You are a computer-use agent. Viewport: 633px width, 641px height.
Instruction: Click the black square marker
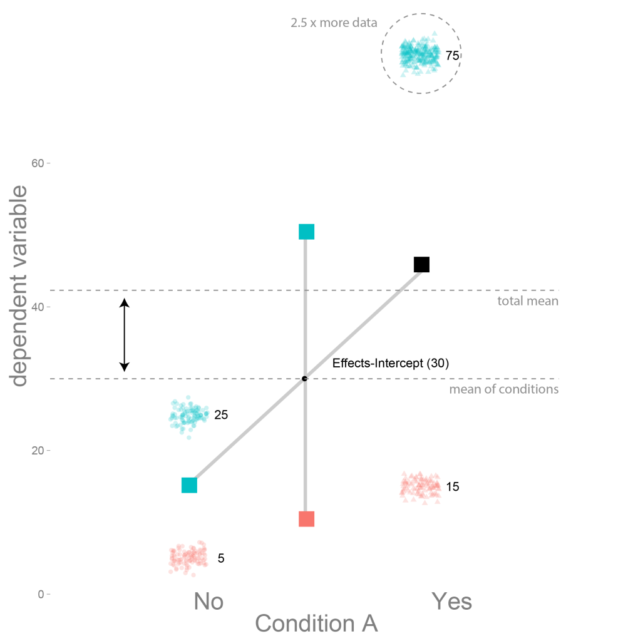(x=421, y=265)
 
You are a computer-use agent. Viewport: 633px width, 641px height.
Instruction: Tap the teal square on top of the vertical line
(x=306, y=232)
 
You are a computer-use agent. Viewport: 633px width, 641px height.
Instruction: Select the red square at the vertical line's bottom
(x=306, y=519)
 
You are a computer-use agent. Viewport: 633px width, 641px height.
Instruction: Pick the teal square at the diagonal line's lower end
(x=189, y=485)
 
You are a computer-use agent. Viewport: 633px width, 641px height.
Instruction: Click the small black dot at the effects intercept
(x=305, y=379)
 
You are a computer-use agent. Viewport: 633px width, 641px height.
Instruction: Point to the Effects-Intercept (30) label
(x=391, y=363)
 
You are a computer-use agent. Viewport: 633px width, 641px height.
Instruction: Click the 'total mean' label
(x=528, y=301)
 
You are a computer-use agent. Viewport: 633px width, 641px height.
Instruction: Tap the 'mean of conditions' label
(x=504, y=389)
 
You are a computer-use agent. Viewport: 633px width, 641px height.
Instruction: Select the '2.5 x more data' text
(x=334, y=23)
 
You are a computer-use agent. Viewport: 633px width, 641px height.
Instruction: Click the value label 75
(x=452, y=56)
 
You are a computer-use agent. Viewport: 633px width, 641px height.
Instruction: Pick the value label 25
(x=221, y=415)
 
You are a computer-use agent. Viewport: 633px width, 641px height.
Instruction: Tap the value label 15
(x=452, y=486)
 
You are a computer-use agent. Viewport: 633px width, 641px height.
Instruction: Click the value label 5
(x=221, y=558)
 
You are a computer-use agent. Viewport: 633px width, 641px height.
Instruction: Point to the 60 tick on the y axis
(x=38, y=163)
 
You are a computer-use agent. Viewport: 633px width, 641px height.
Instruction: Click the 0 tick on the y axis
(x=41, y=594)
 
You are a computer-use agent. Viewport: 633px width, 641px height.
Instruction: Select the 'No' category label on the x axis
(x=208, y=602)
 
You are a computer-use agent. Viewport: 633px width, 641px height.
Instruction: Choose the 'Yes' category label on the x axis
(x=451, y=602)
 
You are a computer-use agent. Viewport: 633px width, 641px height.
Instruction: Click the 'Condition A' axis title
(x=316, y=623)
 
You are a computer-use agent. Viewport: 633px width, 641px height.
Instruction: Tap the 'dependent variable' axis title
(x=19, y=285)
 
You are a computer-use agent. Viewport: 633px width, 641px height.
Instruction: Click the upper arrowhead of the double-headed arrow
(x=125, y=302)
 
